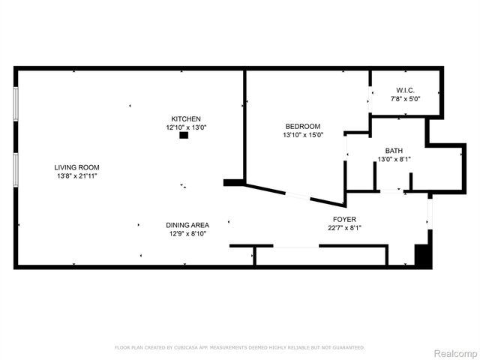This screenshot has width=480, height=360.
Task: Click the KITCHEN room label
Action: click(x=185, y=119)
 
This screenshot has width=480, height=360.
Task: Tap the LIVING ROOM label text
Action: click(x=76, y=167)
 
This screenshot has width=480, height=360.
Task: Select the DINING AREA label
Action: click(x=187, y=225)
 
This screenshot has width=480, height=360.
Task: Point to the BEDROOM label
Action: click(x=302, y=126)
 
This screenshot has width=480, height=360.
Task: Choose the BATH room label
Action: click(x=394, y=150)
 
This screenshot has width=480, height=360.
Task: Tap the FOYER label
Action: click(x=344, y=219)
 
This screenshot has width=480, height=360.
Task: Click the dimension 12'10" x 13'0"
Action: click(x=185, y=127)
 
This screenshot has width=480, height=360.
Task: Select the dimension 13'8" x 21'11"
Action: click(x=76, y=175)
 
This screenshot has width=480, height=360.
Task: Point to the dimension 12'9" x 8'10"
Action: click(x=187, y=233)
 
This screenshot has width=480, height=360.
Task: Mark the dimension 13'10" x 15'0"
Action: click(x=302, y=135)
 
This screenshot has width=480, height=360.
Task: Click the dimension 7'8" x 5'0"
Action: click(x=406, y=98)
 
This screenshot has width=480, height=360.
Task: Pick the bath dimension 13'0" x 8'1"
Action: click(x=394, y=159)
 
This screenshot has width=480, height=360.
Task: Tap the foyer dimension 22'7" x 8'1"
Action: click(x=344, y=228)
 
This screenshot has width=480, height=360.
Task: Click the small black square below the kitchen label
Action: click(x=183, y=136)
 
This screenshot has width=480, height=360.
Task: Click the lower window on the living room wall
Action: click(x=16, y=169)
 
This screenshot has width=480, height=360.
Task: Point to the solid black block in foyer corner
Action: click(x=424, y=253)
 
